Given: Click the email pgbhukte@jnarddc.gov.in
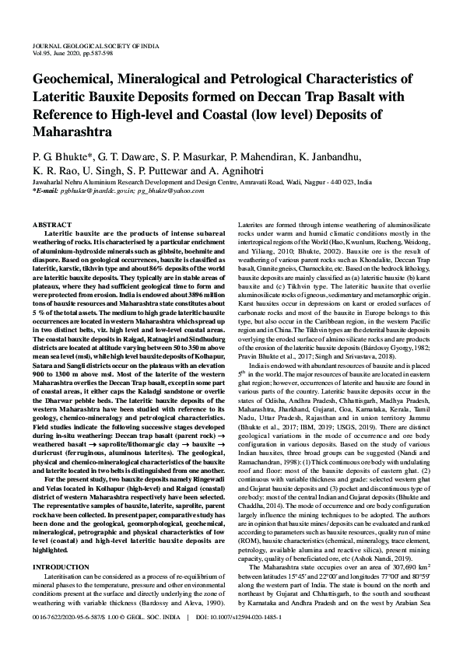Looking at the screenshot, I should point(97,190).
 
